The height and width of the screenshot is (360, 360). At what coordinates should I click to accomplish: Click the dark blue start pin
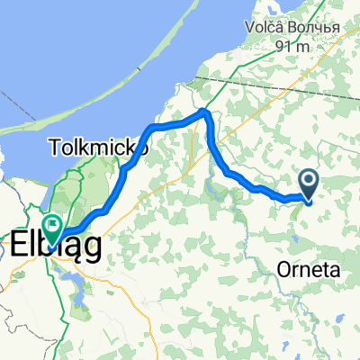(x=308, y=184)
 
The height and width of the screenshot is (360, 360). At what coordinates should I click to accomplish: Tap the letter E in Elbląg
(x=19, y=245)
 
